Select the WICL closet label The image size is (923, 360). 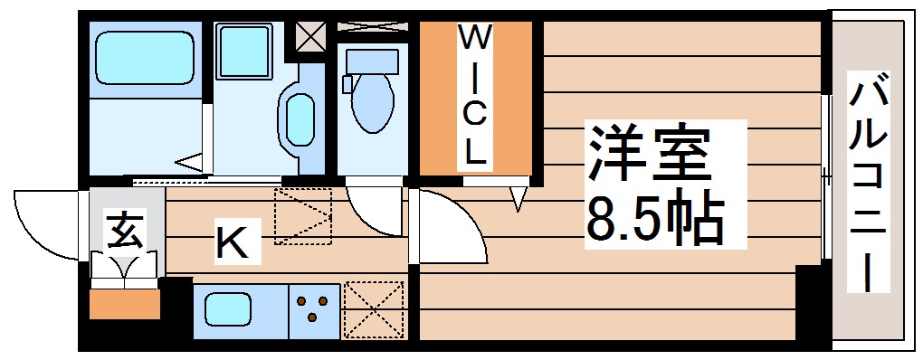pos(475,95)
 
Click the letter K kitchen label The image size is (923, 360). pos(231,242)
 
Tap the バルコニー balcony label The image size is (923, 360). pos(868,185)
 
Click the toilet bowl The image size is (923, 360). pos(371,105)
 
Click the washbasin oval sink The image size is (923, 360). pos(300,118)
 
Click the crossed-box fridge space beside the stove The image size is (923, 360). pos(373,310)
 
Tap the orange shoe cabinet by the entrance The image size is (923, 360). pos(124,303)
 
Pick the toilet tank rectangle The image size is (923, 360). pos(372,61)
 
